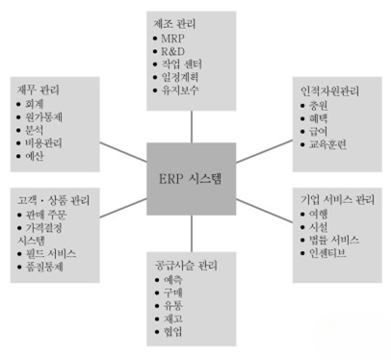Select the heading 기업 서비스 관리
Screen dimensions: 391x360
click(x=333, y=198)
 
